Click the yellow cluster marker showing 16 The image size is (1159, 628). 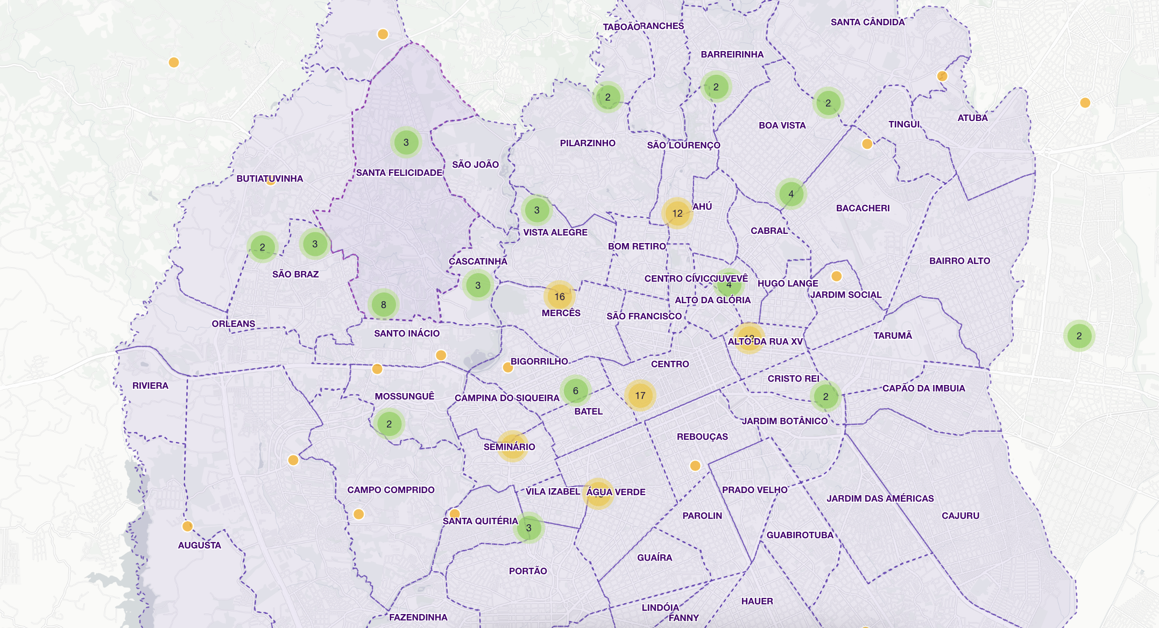point(560,296)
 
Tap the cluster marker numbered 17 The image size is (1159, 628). point(640,395)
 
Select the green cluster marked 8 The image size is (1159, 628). point(383,304)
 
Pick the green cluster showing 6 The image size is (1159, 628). point(575,390)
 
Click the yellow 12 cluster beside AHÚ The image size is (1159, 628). point(677,213)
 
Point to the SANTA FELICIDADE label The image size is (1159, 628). point(399,173)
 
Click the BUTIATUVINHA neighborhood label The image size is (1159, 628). point(270,179)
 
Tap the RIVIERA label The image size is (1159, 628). point(150,386)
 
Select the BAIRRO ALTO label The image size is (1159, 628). point(959,261)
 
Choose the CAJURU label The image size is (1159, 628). point(960,516)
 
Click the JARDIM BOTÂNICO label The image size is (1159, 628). point(785,421)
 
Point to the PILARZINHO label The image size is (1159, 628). point(588,143)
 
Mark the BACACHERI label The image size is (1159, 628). point(863,208)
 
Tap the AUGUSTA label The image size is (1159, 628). point(199,545)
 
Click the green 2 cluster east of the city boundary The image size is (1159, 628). point(1079,336)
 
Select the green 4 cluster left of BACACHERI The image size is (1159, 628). point(790,194)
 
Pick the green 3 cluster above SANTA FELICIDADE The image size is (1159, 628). point(406,142)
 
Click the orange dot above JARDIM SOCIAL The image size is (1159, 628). point(836,276)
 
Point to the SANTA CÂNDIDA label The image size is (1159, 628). point(867,22)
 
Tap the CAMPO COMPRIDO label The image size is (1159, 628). point(391,490)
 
